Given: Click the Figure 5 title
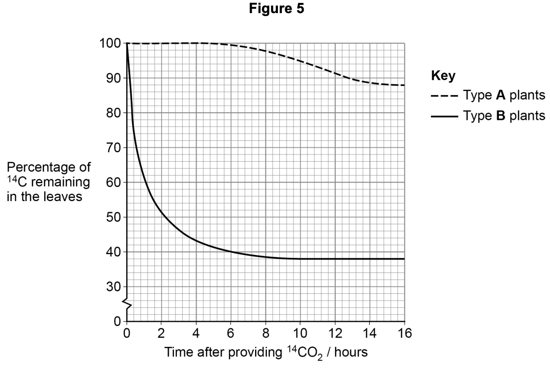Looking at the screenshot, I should pos(275,9).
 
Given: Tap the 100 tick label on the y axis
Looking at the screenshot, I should pos(110,44).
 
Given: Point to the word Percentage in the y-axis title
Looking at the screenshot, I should pos(49,168).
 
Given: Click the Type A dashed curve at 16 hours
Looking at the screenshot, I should pos(404,85).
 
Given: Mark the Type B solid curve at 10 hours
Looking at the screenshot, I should pos(300,258).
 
